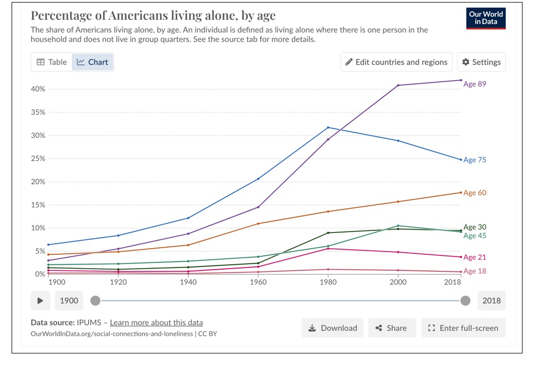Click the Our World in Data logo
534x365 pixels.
point(486,18)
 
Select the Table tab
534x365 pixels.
point(52,62)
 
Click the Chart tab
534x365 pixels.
point(93,62)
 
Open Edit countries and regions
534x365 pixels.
point(396,62)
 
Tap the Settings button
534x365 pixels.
point(481,62)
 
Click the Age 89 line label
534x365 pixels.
point(475,84)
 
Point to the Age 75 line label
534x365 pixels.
point(475,160)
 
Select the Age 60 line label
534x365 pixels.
point(475,193)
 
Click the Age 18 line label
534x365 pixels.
point(475,271)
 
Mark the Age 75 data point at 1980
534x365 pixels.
point(328,128)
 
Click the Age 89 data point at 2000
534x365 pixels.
point(398,85)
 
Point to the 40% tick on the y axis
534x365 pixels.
point(38,89)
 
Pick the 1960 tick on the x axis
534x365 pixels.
point(258,282)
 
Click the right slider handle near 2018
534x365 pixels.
point(465,301)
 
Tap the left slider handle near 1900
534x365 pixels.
point(95,301)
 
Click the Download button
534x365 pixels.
point(332,328)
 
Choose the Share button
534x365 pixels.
point(392,328)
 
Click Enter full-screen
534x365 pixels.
point(463,328)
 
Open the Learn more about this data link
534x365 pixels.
point(156,322)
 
